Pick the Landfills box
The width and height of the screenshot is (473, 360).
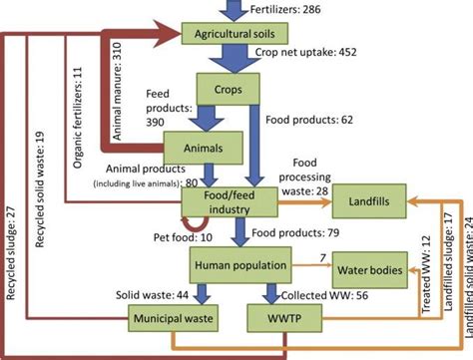(x=367, y=202)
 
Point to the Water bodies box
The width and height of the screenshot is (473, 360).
(x=370, y=270)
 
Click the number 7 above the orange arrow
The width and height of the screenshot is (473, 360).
(x=322, y=259)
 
